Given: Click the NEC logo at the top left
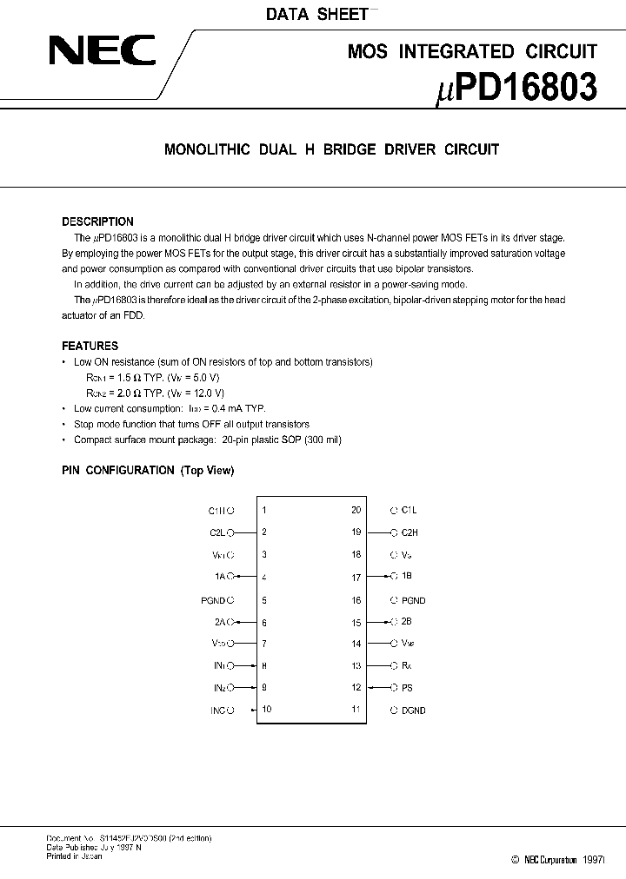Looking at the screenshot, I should (x=102, y=50).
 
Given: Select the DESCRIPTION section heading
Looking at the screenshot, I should (x=97, y=221).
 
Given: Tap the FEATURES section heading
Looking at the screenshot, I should (x=90, y=346).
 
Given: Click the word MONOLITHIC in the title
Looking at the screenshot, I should (x=207, y=149).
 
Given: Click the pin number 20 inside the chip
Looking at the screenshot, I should (x=356, y=511).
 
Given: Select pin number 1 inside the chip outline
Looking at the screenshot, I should (x=264, y=511).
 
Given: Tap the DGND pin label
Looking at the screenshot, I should (x=414, y=710).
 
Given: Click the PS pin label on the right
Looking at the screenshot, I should (x=407, y=688).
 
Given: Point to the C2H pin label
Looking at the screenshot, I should (x=410, y=532).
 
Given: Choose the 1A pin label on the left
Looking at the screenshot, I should (x=219, y=577).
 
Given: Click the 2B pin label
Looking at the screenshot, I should (x=407, y=622).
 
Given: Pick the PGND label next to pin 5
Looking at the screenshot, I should (x=212, y=599).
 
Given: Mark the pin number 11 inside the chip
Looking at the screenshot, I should (x=356, y=710).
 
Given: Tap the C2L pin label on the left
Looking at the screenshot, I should (x=216, y=532).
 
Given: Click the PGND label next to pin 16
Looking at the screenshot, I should (x=414, y=600).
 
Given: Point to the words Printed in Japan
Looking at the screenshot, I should (x=74, y=856).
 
